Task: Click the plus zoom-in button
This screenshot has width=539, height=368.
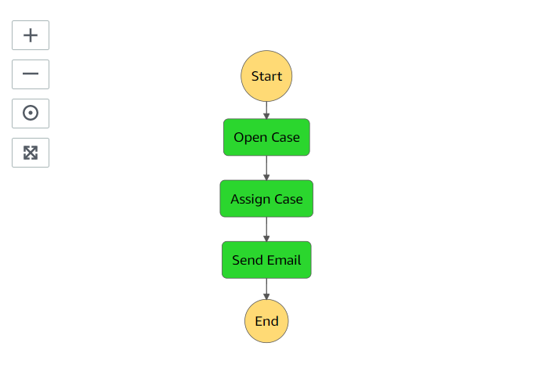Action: (31, 35)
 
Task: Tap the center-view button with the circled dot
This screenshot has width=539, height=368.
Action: (31, 114)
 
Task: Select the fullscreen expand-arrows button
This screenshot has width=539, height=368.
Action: (31, 153)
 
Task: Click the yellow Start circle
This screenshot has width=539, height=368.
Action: (266, 77)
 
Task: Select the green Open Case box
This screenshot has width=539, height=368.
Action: (266, 138)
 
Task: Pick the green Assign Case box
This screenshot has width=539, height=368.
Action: (266, 199)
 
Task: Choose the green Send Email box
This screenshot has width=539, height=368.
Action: (266, 260)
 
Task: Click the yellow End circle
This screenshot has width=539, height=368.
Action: (266, 321)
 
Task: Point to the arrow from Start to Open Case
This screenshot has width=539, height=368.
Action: (266, 110)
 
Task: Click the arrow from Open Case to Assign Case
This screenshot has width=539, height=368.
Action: (266, 168)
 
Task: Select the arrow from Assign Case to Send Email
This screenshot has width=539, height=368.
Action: (266, 229)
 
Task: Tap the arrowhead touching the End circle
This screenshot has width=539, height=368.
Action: (266, 296)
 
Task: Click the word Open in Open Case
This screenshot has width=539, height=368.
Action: (250, 138)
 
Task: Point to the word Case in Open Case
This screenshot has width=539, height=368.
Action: (285, 138)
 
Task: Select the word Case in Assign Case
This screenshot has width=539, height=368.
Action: (288, 200)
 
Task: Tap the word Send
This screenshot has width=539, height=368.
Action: (247, 260)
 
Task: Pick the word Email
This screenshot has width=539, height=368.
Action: (284, 260)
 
